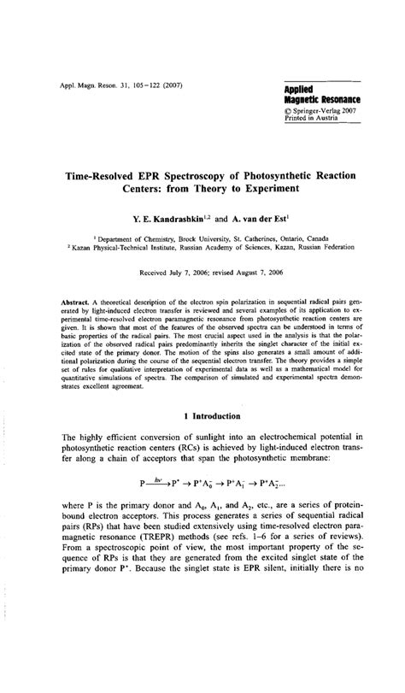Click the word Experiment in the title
261,189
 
